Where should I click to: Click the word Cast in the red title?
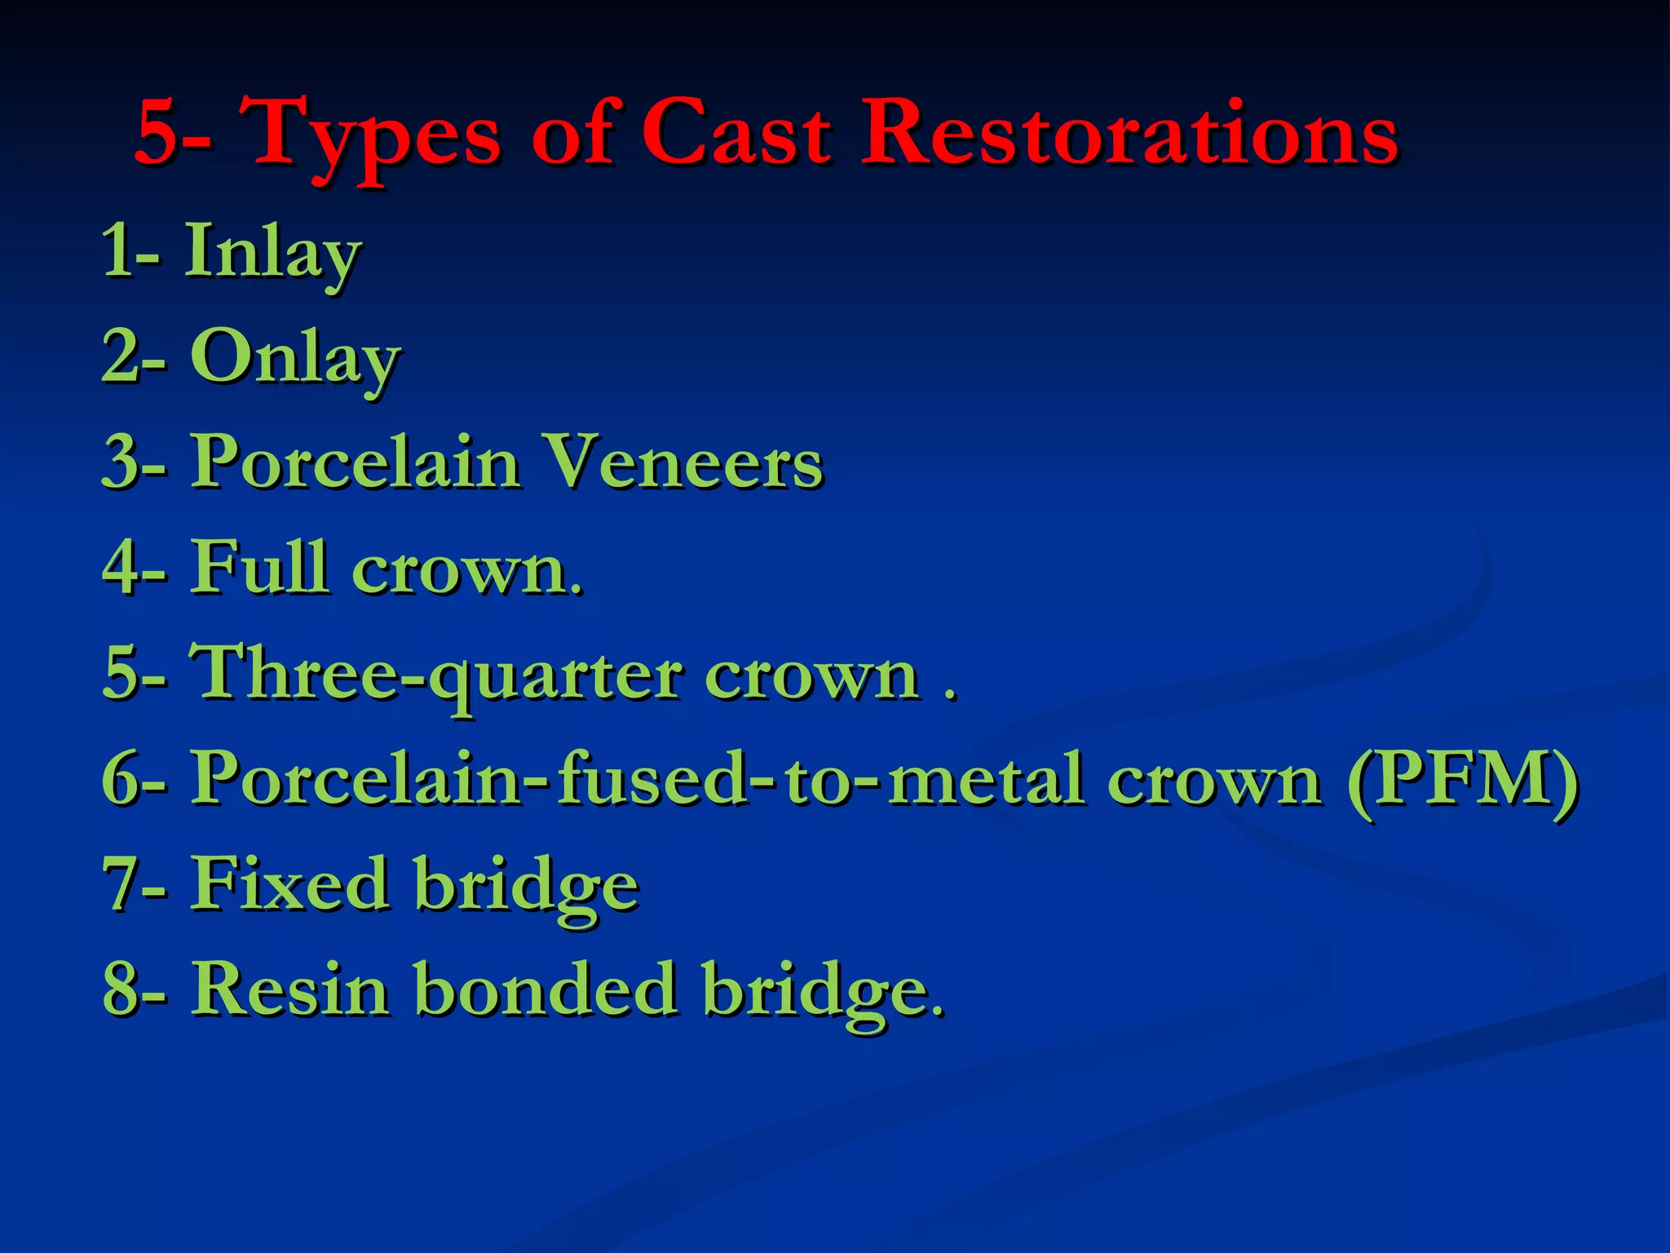[x=736, y=133]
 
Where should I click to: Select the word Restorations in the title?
[x=1130, y=133]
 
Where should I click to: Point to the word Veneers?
[x=683, y=463]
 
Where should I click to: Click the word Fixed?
[x=289, y=884]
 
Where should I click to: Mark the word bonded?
[x=546, y=990]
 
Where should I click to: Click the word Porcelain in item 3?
[x=355, y=463]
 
